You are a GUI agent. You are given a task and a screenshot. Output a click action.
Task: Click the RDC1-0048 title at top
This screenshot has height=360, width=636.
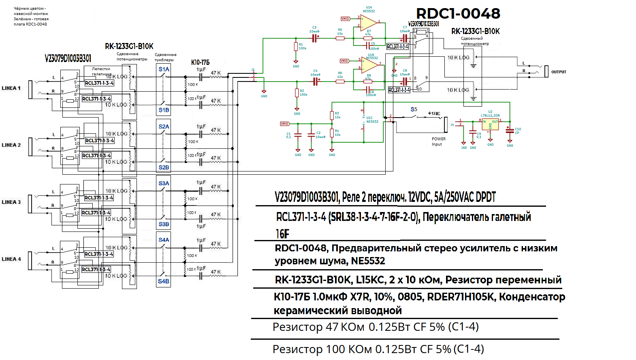coord(458,13)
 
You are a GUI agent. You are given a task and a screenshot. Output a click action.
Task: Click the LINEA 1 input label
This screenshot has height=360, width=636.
coord(11,88)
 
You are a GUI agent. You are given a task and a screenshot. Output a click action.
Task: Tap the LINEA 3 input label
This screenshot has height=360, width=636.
coord(11,202)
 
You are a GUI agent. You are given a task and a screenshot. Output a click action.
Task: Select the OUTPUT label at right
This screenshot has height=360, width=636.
coord(559,72)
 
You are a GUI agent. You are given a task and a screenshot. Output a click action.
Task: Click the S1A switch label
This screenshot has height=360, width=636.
coord(164,69)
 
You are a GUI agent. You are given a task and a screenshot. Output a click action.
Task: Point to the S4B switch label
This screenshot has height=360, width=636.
coord(164,281)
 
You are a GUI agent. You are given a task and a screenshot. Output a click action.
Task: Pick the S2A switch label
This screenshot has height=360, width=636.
coord(164,126)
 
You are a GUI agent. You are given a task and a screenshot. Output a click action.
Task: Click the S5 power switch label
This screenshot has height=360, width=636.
coord(414,109)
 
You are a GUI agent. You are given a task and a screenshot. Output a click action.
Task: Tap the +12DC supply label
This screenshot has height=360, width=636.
coord(434,114)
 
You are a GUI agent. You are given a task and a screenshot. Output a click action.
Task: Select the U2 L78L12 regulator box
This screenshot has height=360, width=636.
coord(490,124)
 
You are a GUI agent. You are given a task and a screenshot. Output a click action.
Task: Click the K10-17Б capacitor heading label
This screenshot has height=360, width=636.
coord(200,62)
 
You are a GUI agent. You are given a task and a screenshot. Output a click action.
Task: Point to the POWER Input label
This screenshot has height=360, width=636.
coord(438,141)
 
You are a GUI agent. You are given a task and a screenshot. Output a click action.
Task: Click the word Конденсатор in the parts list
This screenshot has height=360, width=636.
coord(532,297)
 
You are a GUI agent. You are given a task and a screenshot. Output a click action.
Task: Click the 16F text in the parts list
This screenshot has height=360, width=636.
coord(282,234)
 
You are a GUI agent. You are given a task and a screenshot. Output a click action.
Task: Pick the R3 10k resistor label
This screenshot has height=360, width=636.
coord(337,115)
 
